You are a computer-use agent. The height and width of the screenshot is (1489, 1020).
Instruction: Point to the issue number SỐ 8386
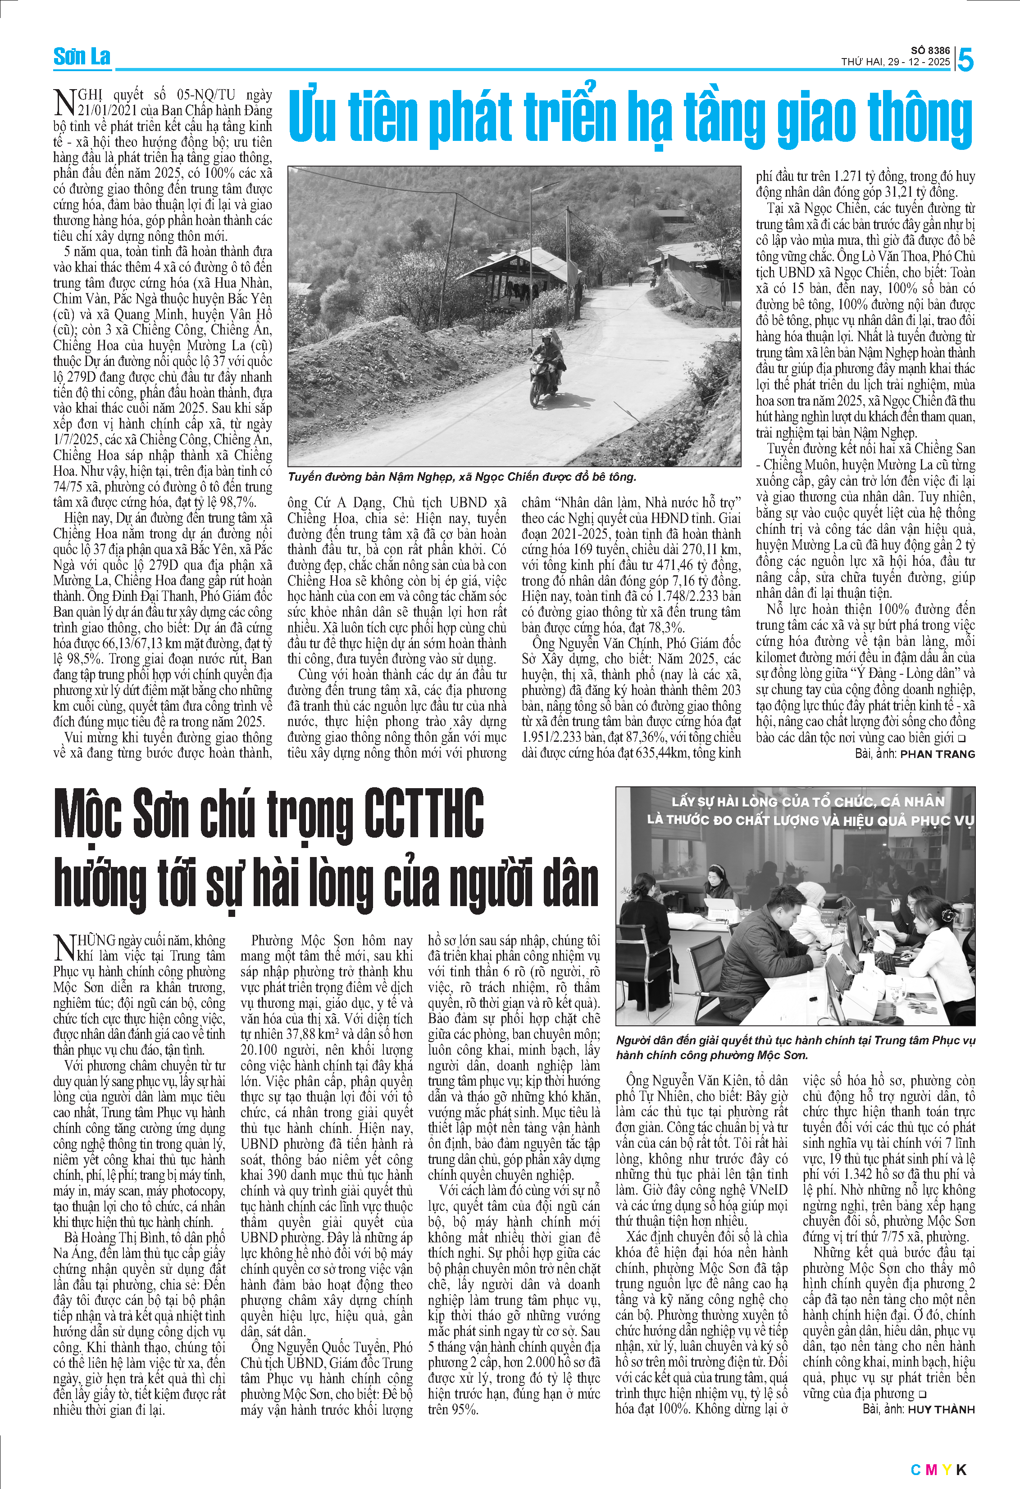point(930,50)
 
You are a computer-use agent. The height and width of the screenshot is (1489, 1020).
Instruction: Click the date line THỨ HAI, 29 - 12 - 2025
point(896,62)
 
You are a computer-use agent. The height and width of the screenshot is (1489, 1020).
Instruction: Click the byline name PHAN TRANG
point(937,754)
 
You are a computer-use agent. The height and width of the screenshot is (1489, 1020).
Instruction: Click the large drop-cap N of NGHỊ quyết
point(65,103)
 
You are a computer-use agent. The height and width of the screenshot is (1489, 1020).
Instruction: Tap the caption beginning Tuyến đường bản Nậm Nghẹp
point(462,477)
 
